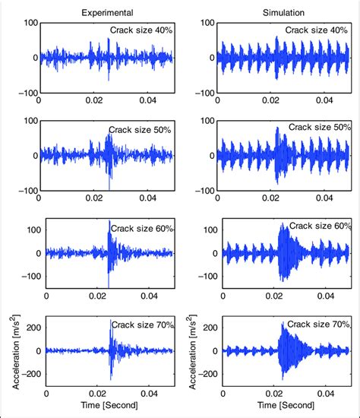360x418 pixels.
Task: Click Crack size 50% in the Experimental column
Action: coord(141,130)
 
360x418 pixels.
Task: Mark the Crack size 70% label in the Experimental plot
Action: coord(143,325)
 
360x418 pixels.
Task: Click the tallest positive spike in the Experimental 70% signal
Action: coord(111,321)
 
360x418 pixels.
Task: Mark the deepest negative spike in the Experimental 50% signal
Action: coord(109,188)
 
